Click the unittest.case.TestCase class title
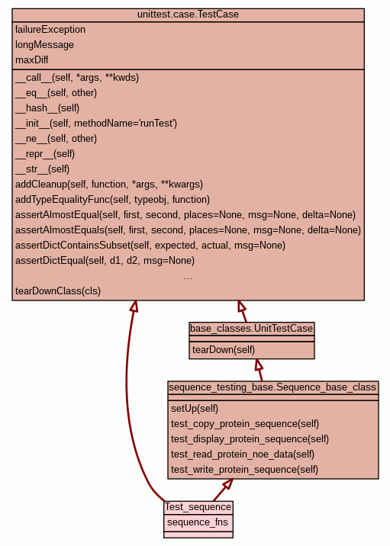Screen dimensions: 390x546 tap(188, 14)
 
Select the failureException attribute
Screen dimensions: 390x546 tap(50, 30)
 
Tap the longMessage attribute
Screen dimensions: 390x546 tap(44, 45)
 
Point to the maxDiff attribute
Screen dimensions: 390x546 tap(32, 60)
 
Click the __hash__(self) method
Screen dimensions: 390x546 tap(47, 108)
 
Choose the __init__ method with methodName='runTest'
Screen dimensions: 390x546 tap(96, 124)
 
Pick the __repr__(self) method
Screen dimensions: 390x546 tap(45, 154)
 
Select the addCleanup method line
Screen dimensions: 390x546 tap(109, 185)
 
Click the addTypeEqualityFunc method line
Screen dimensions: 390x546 tap(113, 200)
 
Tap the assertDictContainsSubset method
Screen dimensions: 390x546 tap(150, 246)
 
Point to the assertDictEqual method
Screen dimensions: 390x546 tap(105, 261)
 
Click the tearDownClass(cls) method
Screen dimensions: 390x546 tap(58, 291)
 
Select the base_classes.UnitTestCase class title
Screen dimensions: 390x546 tap(252, 329)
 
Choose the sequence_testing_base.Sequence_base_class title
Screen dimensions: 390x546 tap(272, 387)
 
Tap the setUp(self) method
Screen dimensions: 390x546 tap(195, 409)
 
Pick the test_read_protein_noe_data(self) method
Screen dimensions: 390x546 tap(243, 454)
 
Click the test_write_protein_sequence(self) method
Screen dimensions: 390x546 tap(245, 470)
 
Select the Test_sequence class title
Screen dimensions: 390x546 tap(198, 507)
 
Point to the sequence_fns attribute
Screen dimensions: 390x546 tap(198, 522)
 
